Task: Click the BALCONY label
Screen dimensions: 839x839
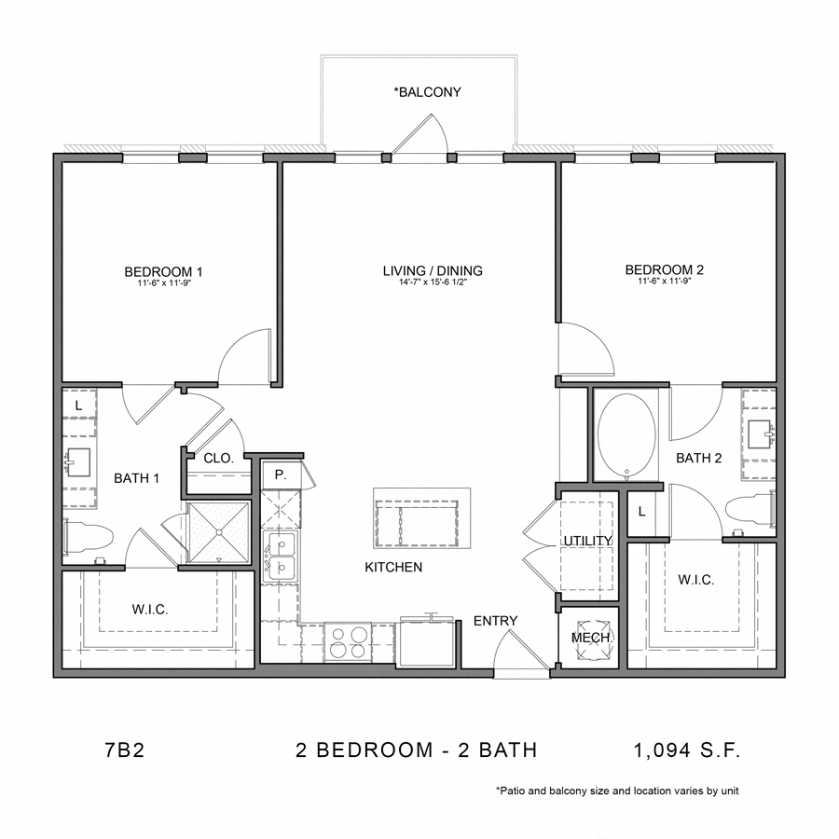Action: (x=428, y=92)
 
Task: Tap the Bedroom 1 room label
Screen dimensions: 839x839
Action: (x=164, y=271)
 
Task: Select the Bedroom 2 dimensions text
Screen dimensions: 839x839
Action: (x=664, y=282)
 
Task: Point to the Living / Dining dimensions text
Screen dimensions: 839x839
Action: (x=433, y=282)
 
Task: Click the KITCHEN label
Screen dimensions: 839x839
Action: (x=393, y=567)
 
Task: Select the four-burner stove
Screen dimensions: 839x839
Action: (x=347, y=642)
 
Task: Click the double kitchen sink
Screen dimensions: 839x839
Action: (x=280, y=555)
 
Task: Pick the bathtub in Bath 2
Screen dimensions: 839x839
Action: (x=626, y=433)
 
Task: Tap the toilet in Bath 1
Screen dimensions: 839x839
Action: (x=89, y=538)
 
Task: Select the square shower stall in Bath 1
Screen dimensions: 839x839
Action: (x=219, y=532)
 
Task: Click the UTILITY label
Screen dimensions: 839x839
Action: (x=587, y=542)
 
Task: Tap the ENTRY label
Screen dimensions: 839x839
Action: (x=495, y=621)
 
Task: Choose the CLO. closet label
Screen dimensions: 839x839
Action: (x=218, y=458)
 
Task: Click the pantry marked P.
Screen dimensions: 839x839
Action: (x=280, y=475)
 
